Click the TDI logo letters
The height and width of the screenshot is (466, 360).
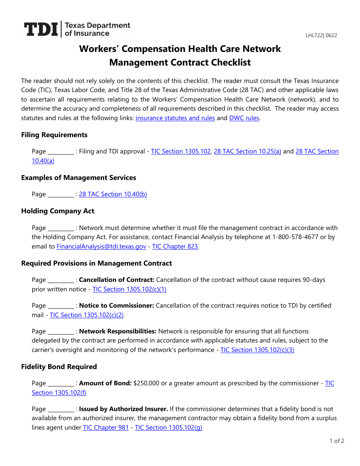pyautogui.click(x=41, y=30)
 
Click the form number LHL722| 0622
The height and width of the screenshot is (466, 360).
pyautogui.click(x=321, y=36)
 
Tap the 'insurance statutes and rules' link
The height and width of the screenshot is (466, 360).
pyautogui.click(x=175, y=118)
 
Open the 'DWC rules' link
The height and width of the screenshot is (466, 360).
pyautogui.click(x=244, y=118)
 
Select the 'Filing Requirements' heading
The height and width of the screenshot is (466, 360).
pyautogui.click(x=54, y=135)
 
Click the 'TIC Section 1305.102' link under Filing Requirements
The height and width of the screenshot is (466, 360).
pyautogui.click(x=181, y=151)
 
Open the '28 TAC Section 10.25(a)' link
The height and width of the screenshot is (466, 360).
pyautogui.click(x=247, y=151)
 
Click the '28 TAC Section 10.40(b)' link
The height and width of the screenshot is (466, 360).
pyautogui.click(x=113, y=194)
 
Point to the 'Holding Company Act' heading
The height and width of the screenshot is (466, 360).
pyautogui.click(x=58, y=211)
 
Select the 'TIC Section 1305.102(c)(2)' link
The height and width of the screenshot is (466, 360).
pyautogui.click(x=87, y=315)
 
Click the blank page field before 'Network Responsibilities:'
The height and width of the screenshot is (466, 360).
pyautogui.click(x=61, y=332)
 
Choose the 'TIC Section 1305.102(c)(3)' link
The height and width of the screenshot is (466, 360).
pyautogui.click(x=257, y=350)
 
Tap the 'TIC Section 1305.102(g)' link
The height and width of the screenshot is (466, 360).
pyautogui.click(x=169, y=427)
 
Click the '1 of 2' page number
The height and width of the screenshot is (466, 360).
pyautogui.click(x=337, y=441)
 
